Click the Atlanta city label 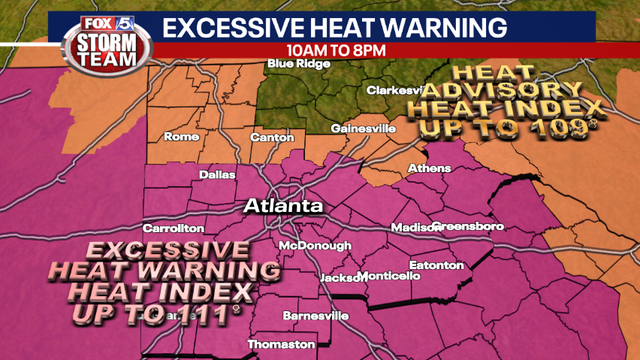[x=285, y=206]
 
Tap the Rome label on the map [x=182, y=137]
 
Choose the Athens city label [x=430, y=168]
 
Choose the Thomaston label [x=280, y=344]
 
